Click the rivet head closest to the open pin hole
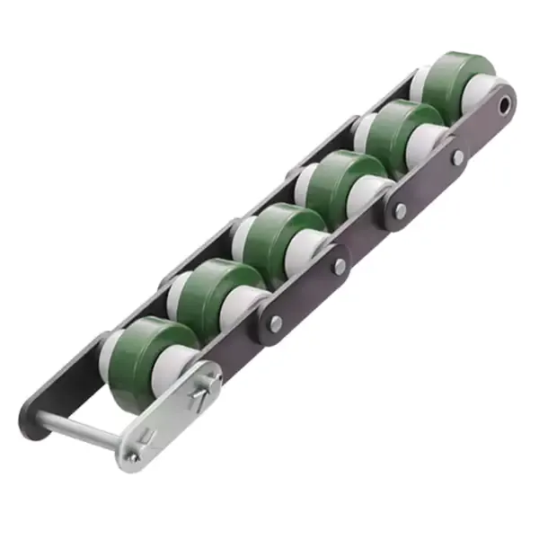pos(459,157)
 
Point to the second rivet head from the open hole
pos(401,211)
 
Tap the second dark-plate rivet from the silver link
pos(340,267)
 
